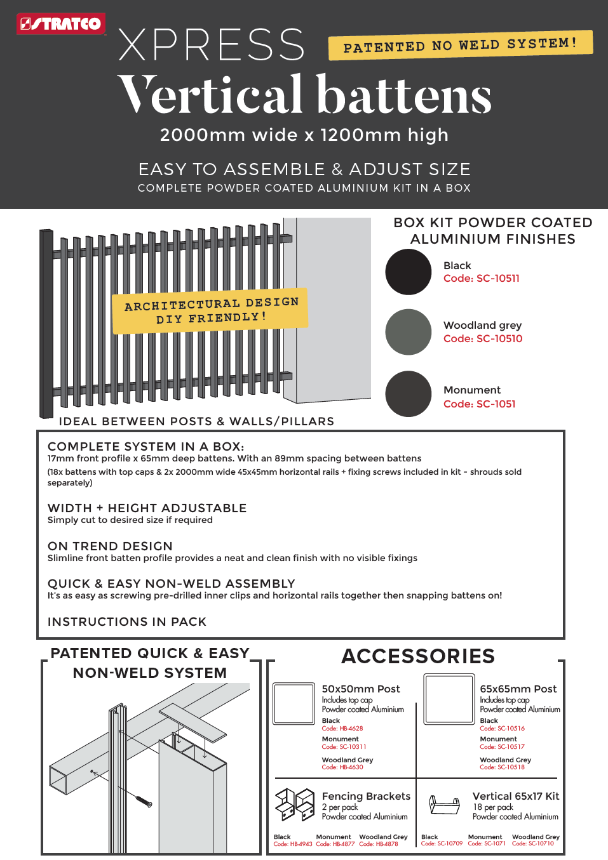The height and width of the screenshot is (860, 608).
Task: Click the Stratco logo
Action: (60, 24)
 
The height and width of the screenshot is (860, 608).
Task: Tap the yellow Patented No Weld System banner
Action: (460, 45)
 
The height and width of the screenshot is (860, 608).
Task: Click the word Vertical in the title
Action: (210, 95)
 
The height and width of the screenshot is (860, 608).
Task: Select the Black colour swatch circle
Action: (409, 272)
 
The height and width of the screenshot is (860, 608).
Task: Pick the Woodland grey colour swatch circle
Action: (409, 332)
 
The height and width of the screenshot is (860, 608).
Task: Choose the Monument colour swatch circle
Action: (409, 394)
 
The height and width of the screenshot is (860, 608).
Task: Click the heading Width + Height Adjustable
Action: (147, 508)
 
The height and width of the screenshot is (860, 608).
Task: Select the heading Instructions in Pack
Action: (127, 622)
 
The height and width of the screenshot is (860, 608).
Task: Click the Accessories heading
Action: (418, 656)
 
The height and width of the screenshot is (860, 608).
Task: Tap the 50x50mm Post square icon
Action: (294, 703)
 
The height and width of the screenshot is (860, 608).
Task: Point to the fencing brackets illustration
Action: (295, 804)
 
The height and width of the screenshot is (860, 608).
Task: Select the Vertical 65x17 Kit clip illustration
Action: (445, 805)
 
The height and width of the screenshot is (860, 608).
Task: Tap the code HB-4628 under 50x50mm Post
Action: (342, 729)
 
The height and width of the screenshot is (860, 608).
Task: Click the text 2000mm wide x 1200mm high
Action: (304, 135)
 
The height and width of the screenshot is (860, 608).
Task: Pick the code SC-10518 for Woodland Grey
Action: (502, 767)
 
